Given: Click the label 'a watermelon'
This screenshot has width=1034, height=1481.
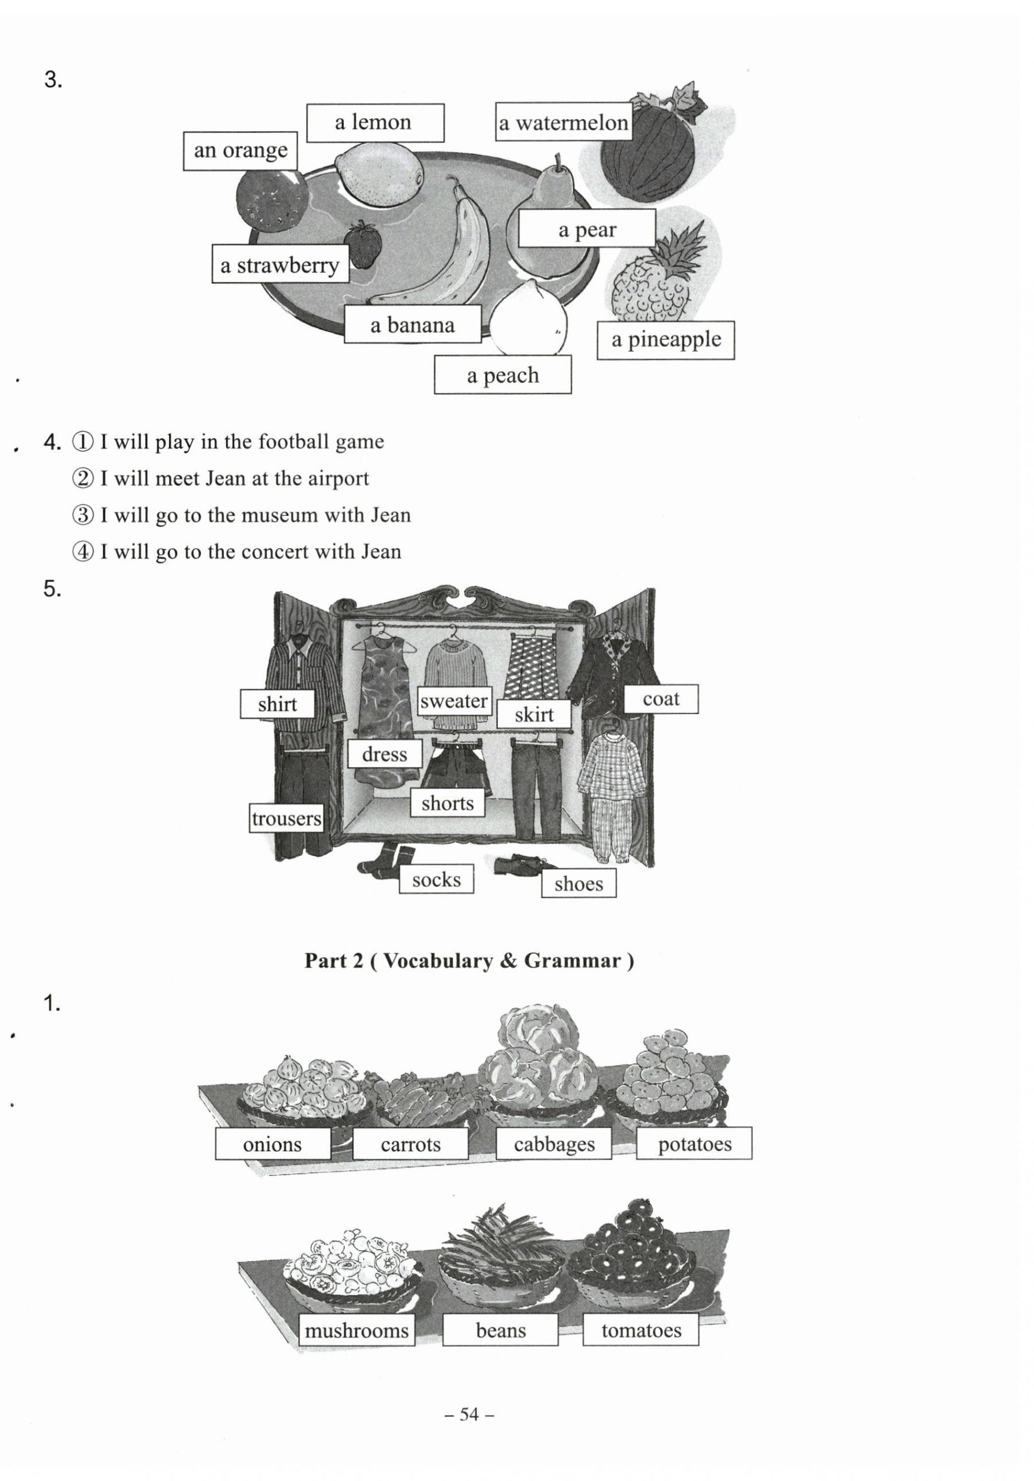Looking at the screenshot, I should pos(563,122).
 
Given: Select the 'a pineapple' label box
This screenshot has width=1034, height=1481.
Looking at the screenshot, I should pos(665,339).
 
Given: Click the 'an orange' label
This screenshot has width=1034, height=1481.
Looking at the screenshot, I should pos(240,150).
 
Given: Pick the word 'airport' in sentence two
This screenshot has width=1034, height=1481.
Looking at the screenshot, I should pos(338,478).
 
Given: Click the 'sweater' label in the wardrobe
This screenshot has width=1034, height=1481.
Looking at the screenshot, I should pos(454,700).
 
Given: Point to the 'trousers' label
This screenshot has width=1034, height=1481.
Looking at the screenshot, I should pos(286,818).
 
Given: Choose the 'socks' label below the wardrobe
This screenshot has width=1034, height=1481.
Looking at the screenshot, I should pos(436,879).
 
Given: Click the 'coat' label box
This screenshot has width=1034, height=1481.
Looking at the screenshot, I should pos(661,699).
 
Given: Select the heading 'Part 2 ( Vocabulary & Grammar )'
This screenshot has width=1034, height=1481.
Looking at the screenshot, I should pos(469,961).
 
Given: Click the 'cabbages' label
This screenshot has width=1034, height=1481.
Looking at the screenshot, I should pos(553,1144).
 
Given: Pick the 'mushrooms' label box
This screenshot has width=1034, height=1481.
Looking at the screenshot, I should pos(356,1330).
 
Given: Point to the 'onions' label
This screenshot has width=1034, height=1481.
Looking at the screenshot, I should pos(272,1144).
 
